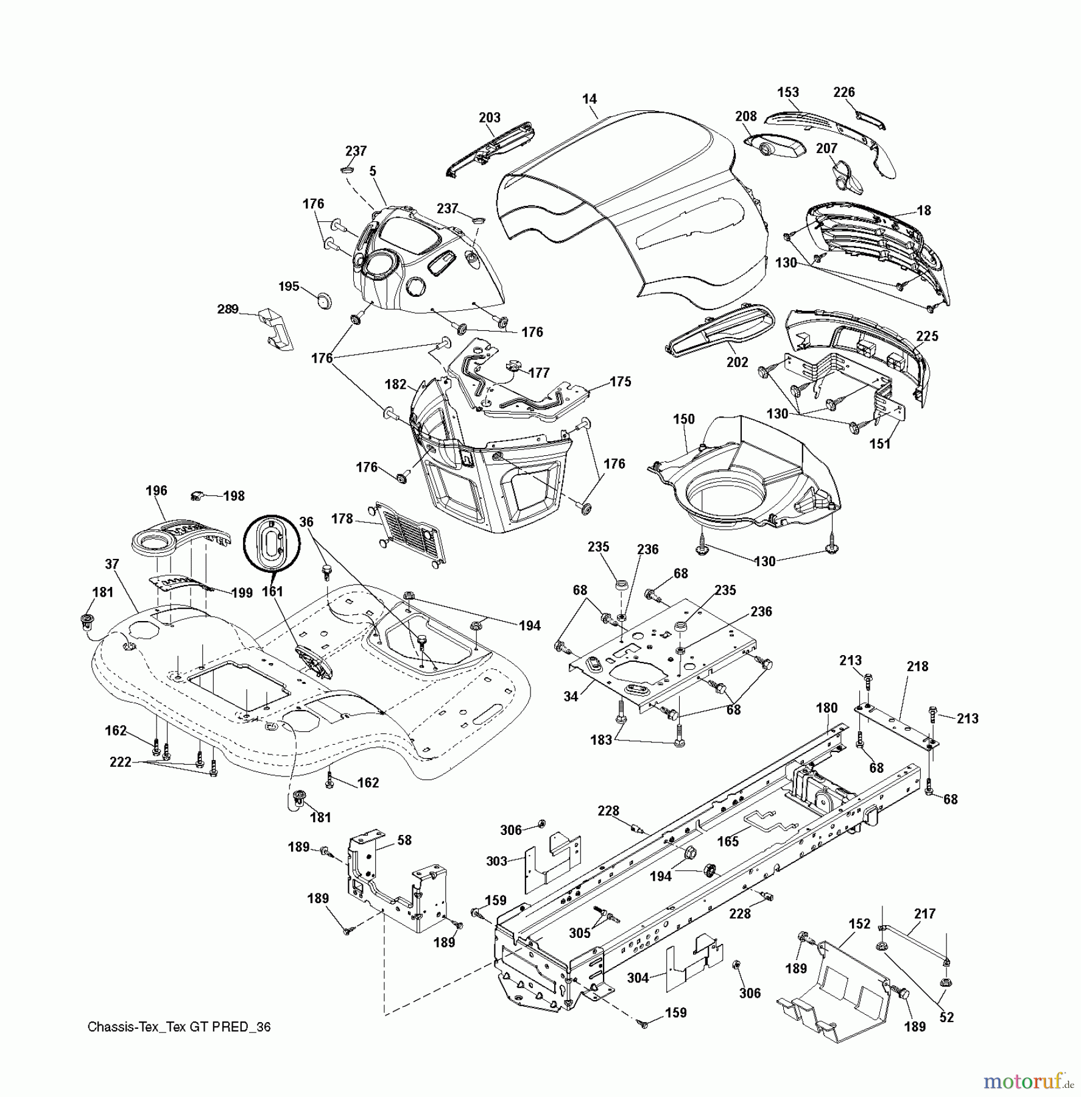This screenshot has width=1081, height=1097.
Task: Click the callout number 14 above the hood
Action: (589, 99)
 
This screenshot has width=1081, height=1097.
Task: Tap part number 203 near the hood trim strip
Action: (490, 118)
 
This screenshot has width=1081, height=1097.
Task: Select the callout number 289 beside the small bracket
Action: (228, 309)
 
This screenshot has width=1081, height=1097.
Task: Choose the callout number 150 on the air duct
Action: (683, 419)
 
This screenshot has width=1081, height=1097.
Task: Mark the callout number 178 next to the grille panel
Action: (342, 519)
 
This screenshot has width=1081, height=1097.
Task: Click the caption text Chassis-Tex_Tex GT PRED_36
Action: (179, 1027)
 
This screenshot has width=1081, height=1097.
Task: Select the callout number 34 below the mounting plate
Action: (571, 695)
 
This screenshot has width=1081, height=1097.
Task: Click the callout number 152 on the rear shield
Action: (859, 924)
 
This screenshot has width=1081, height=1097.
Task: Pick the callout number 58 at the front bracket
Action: (404, 840)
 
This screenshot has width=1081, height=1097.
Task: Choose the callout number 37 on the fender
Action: (111, 564)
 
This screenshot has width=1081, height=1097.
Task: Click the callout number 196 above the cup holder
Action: (157, 491)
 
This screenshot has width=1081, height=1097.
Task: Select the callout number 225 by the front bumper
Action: (927, 336)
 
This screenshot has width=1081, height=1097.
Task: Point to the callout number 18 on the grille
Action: (923, 210)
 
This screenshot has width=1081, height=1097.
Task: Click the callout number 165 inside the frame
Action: (728, 841)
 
